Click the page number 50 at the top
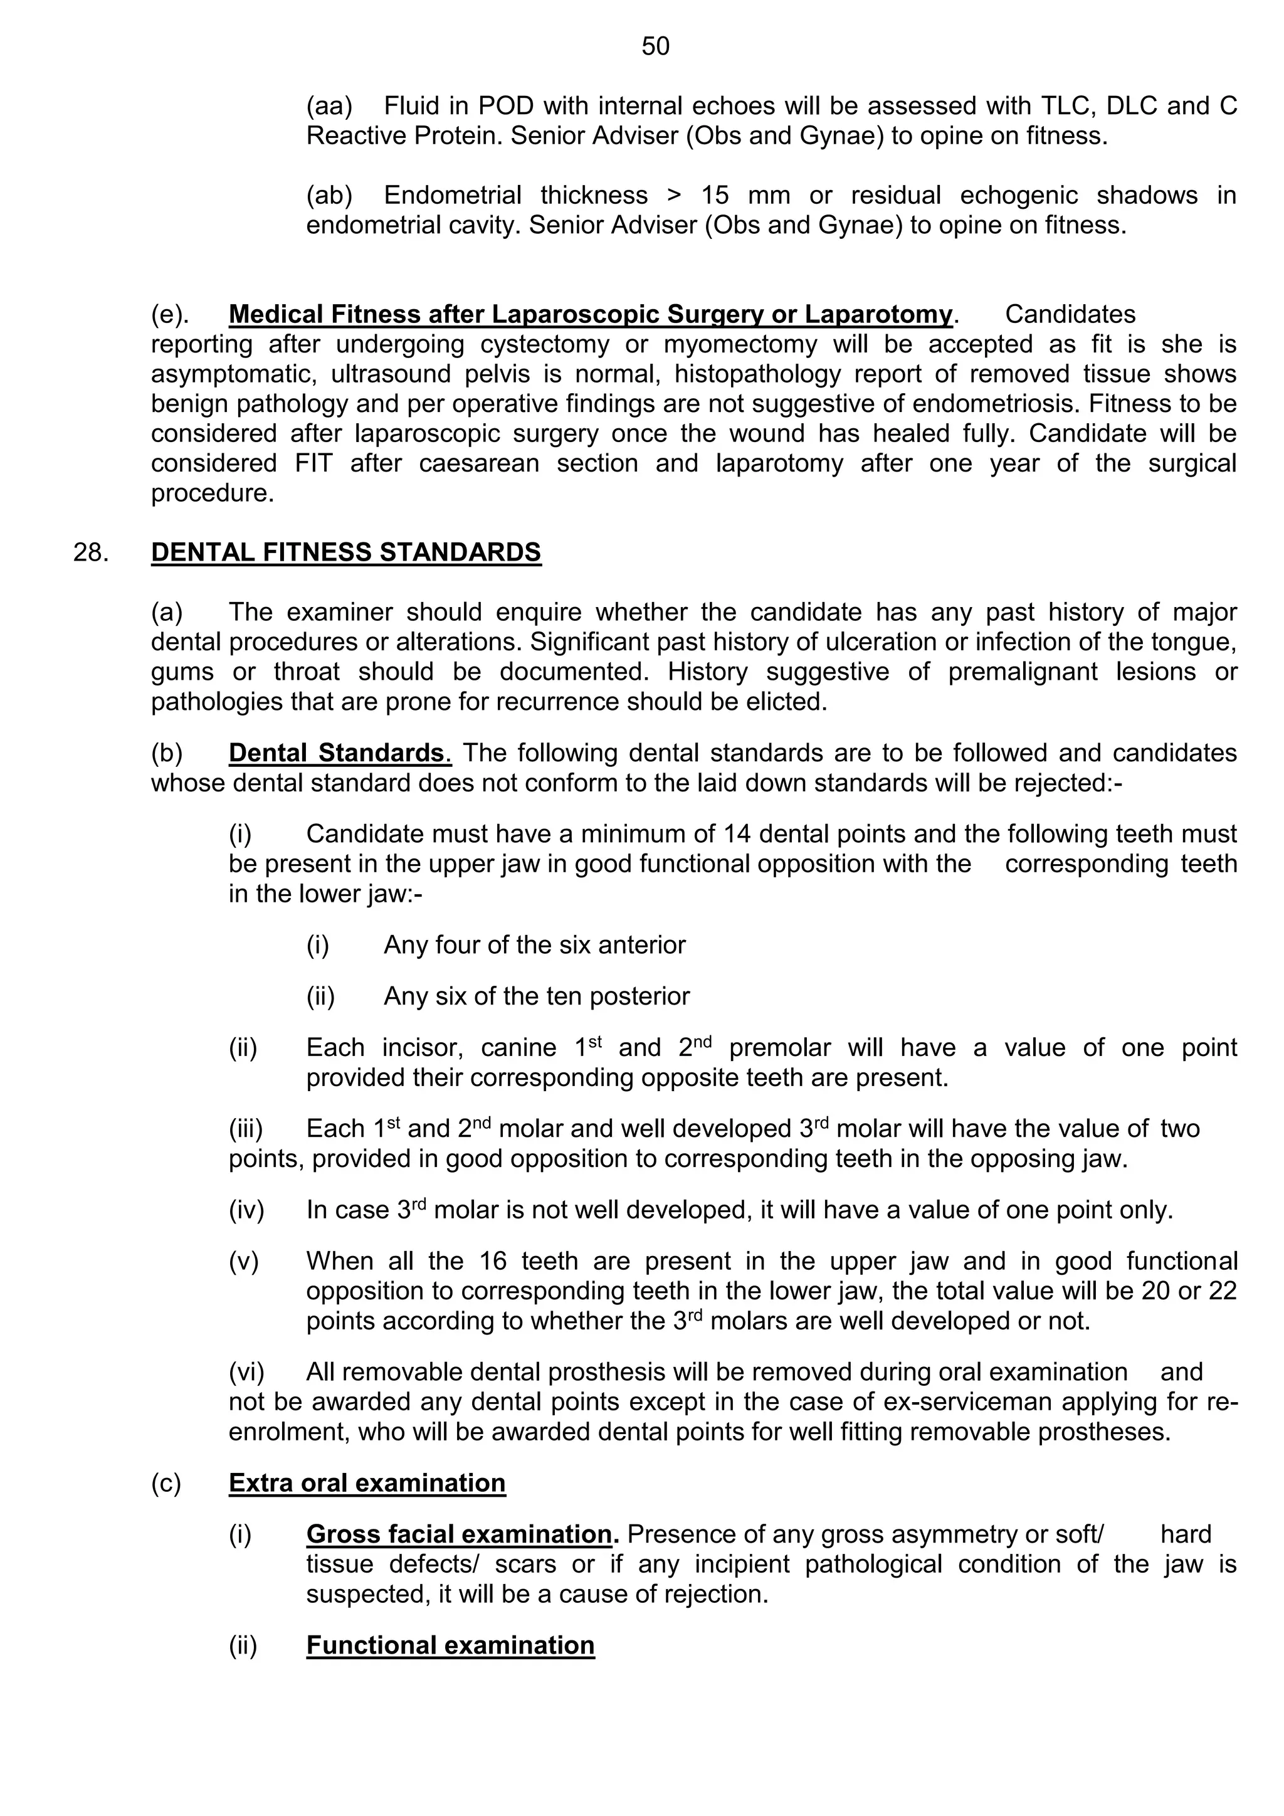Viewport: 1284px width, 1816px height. (x=655, y=46)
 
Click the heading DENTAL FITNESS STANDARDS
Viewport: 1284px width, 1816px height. (x=345, y=552)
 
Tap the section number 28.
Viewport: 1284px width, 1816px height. (x=90, y=552)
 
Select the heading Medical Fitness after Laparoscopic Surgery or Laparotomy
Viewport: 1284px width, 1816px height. (x=590, y=314)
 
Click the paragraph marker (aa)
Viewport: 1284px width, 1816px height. (x=329, y=105)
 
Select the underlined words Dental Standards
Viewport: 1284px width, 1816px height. (x=339, y=752)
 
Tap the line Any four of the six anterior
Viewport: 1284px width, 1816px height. (x=534, y=944)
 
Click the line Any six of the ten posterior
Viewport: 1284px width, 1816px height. (x=536, y=996)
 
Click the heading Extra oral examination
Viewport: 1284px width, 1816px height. (x=367, y=1482)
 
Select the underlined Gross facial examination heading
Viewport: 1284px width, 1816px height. (x=458, y=1534)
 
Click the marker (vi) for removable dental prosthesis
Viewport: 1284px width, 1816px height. (x=246, y=1371)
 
